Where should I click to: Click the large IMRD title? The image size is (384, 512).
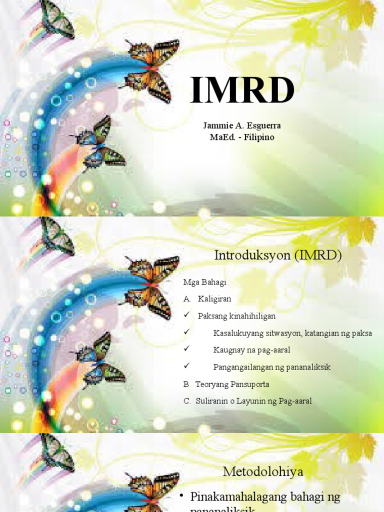pyautogui.click(x=242, y=91)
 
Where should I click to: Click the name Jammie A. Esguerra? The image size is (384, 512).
pyautogui.click(x=242, y=125)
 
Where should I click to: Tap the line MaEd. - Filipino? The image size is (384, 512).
pyautogui.click(x=242, y=137)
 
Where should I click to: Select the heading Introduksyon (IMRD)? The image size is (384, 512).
pyautogui.click(x=277, y=255)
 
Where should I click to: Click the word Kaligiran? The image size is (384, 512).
pyautogui.click(x=214, y=299)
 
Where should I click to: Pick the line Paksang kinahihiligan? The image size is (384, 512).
pyautogui.click(x=236, y=316)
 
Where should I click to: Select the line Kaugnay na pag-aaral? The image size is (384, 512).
pyautogui.click(x=251, y=350)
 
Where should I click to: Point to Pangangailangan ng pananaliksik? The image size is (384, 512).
pyautogui.click(x=271, y=367)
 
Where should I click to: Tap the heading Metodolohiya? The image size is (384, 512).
pyautogui.click(x=263, y=471)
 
